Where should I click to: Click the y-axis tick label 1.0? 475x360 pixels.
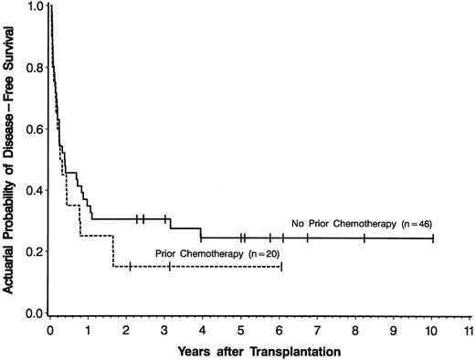(x=34, y=6)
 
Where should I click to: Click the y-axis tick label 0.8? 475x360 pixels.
(x=34, y=68)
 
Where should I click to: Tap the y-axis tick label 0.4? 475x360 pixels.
(x=34, y=190)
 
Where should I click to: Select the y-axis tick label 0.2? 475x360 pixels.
(x=34, y=251)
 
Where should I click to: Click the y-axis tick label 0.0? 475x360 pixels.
(x=34, y=313)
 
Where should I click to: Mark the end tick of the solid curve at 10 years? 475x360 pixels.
(x=432, y=238)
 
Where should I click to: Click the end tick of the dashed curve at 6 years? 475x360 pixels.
(x=280, y=266)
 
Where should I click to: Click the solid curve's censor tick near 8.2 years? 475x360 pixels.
(x=364, y=238)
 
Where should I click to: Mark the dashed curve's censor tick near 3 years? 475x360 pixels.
(x=169, y=266)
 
